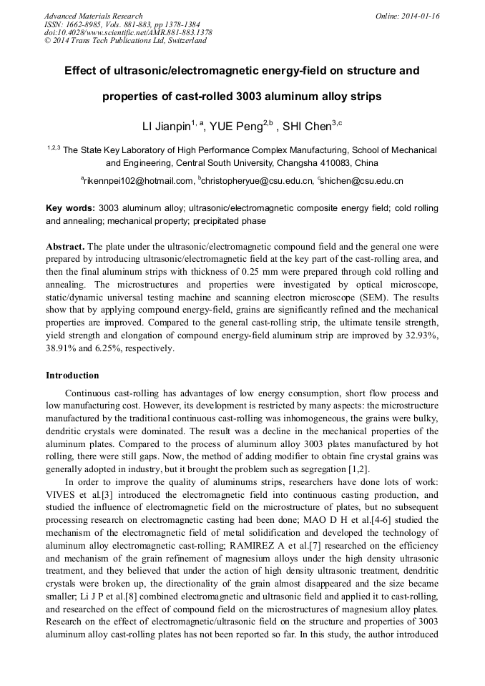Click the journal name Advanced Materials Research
coord(93,16)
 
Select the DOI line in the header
coord(128,33)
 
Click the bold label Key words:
coord(70,208)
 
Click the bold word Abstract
coord(65,246)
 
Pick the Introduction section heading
coord(72,376)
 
